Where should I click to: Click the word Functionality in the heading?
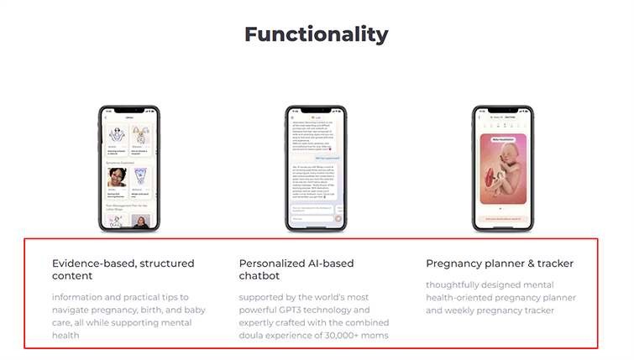pos(316,34)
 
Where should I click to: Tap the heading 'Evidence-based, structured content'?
pos(123,269)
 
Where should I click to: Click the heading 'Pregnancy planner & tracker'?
pos(500,263)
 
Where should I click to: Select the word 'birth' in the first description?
pos(149,310)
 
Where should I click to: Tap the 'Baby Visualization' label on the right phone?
pos(504,140)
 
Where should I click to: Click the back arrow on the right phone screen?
pos(479,117)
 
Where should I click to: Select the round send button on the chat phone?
pos(338,219)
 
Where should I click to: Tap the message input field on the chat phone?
pos(311,219)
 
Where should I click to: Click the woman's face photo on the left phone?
pos(116,177)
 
